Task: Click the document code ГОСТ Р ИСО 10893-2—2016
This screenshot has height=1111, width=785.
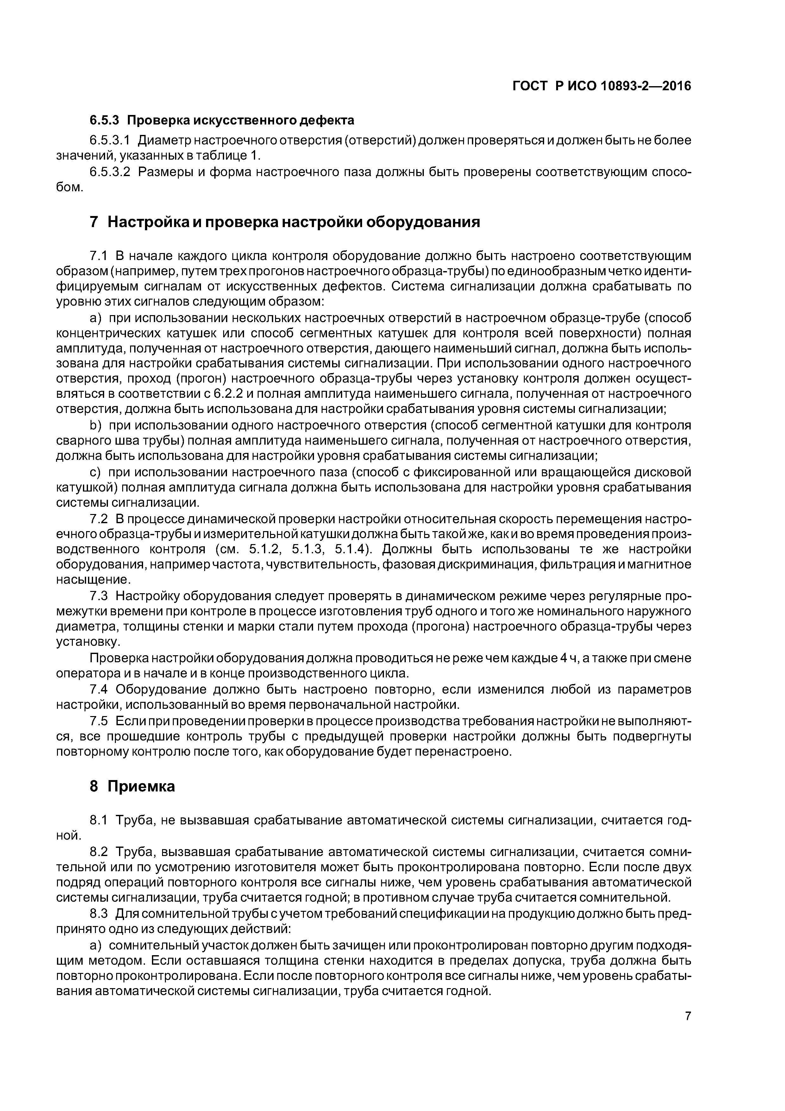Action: (602, 86)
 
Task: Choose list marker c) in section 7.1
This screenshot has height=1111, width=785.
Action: (94, 472)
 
